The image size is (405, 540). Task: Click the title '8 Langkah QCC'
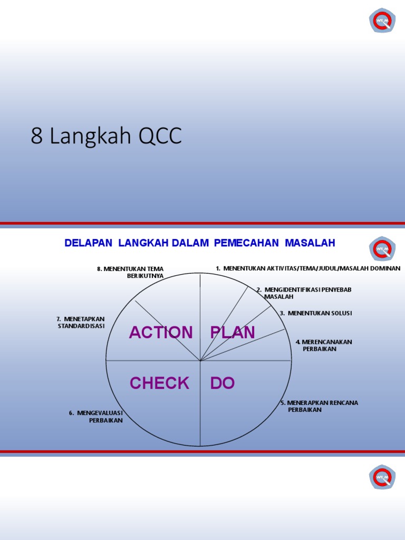click(x=106, y=136)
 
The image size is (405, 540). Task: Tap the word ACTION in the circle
click(x=161, y=333)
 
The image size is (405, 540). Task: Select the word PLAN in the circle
click(x=233, y=333)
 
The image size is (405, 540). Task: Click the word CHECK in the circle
click(x=159, y=383)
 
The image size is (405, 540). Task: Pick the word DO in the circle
click(x=223, y=383)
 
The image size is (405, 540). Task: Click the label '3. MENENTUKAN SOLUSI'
click(x=316, y=313)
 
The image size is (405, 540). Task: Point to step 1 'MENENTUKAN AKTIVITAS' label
click(x=308, y=268)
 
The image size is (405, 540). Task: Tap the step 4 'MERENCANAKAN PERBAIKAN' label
click(x=323, y=345)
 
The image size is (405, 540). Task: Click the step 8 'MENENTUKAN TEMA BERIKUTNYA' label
click(x=131, y=272)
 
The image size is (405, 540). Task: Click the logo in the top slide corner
click(x=382, y=20)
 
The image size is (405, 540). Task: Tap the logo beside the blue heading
click(x=382, y=249)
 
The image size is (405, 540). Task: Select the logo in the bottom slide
click(x=382, y=477)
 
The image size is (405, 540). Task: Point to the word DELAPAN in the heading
click(x=89, y=243)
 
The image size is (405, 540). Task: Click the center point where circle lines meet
click(x=200, y=361)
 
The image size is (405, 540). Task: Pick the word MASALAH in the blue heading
click(x=310, y=243)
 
